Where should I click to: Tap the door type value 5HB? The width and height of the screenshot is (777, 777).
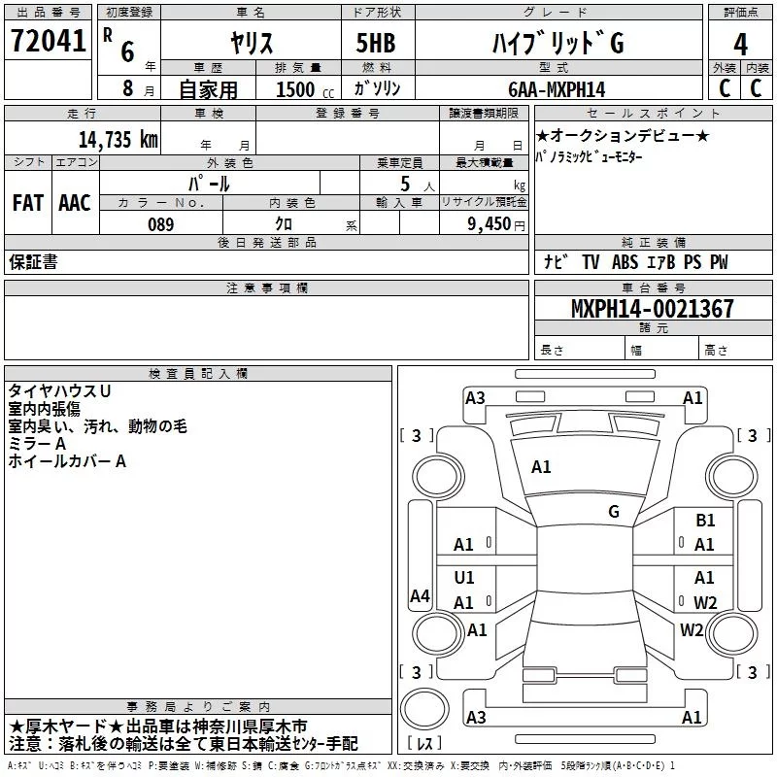[376, 44]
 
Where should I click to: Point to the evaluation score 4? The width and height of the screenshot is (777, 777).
[740, 44]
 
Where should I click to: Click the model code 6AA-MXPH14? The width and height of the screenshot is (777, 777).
[556, 88]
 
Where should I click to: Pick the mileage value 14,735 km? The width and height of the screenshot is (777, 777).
[118, 139]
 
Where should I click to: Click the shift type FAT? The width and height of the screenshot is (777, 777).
[27, 202]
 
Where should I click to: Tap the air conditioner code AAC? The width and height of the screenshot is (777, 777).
[75, 202]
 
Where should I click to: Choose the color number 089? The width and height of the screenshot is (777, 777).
[160, 224]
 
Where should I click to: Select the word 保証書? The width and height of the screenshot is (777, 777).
[33, 262]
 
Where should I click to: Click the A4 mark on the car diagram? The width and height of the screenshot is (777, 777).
[420, 596]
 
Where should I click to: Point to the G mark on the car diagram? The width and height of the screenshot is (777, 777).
[614, 511]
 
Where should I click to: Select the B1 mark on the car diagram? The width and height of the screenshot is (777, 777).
[705, 521]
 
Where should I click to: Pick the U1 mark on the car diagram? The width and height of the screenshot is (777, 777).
[464, 578]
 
